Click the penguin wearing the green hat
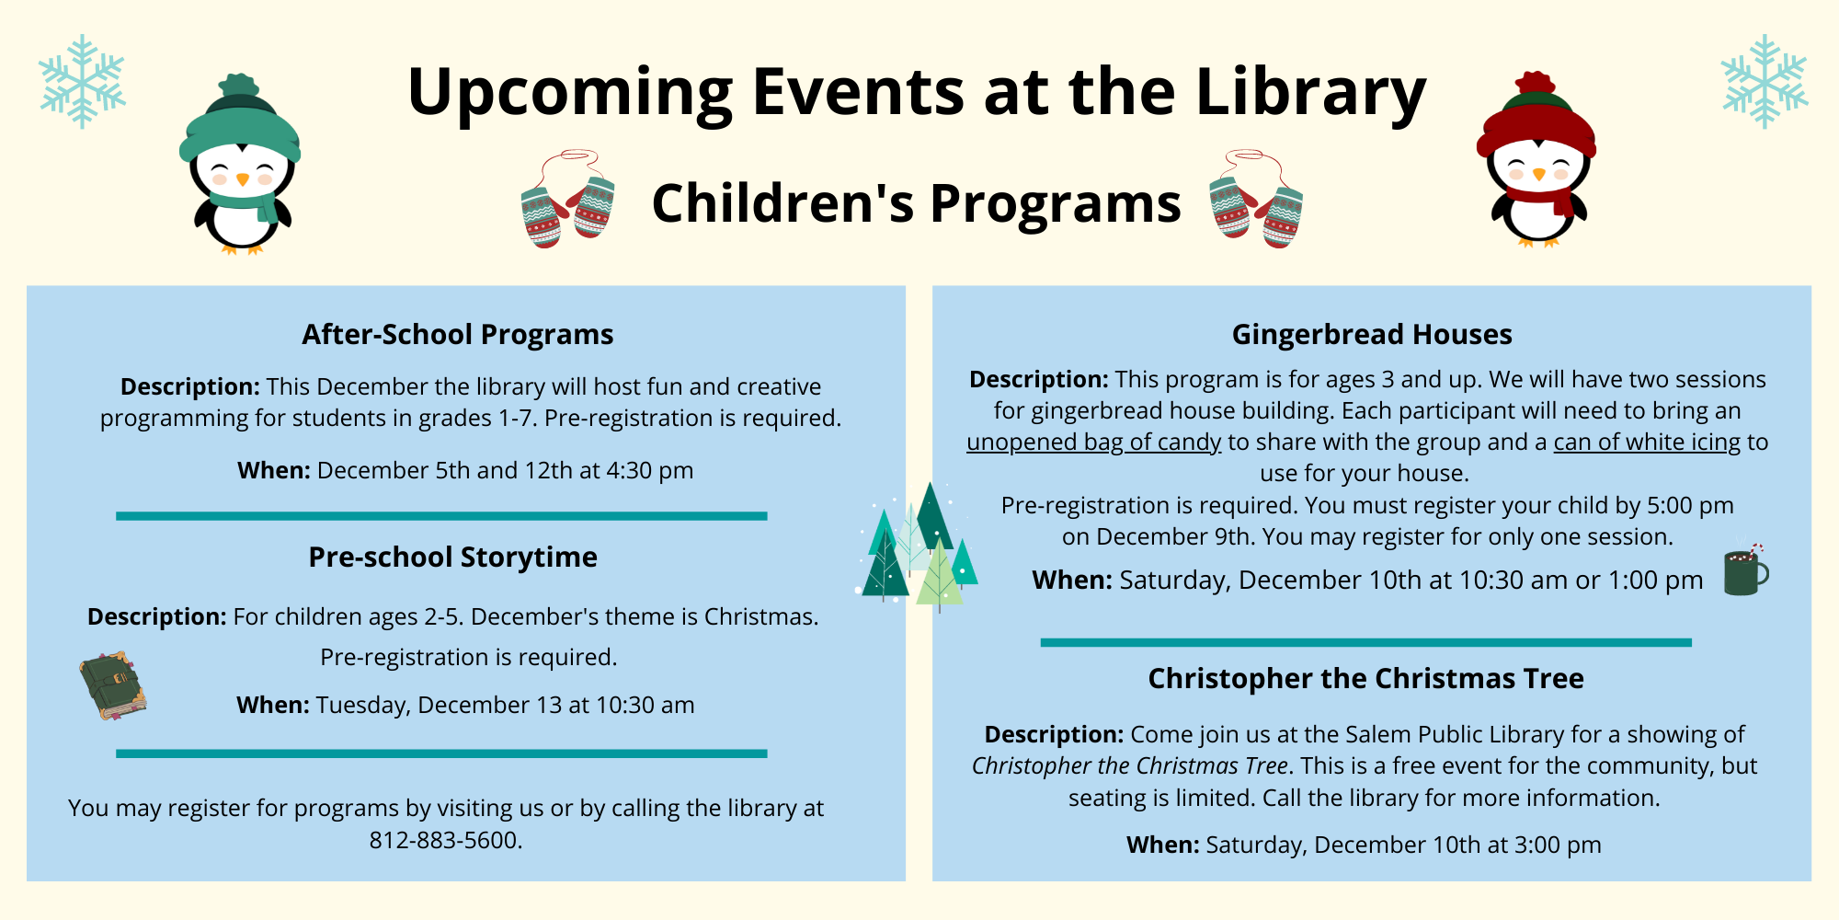pyautogui.click(x=240, y=166)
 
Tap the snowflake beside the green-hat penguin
pyautogui.click(x=82, y=81)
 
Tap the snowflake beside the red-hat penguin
pyautogui.click(x=1765, y=81)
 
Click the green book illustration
pyautogui.click(x=113, y=685)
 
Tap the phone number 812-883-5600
pyautogui.click(x=445, y=840)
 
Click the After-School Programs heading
pyautogui.click(x=458, y=334)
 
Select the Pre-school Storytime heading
pyautogui.click(x=452, y=557)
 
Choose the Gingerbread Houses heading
pyautogui.click(x=1372, y=334)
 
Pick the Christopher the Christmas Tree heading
pyautogui.click(x=1365, y=678)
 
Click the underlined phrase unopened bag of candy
pyautogui.click(x=1094, y=443)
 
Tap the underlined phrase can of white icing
pyautogui.click(x=1647, y=443)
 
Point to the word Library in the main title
pyautogui.click(x=1311, y=93)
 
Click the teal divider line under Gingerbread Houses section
pyautogui.click(x=1365, y=642)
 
